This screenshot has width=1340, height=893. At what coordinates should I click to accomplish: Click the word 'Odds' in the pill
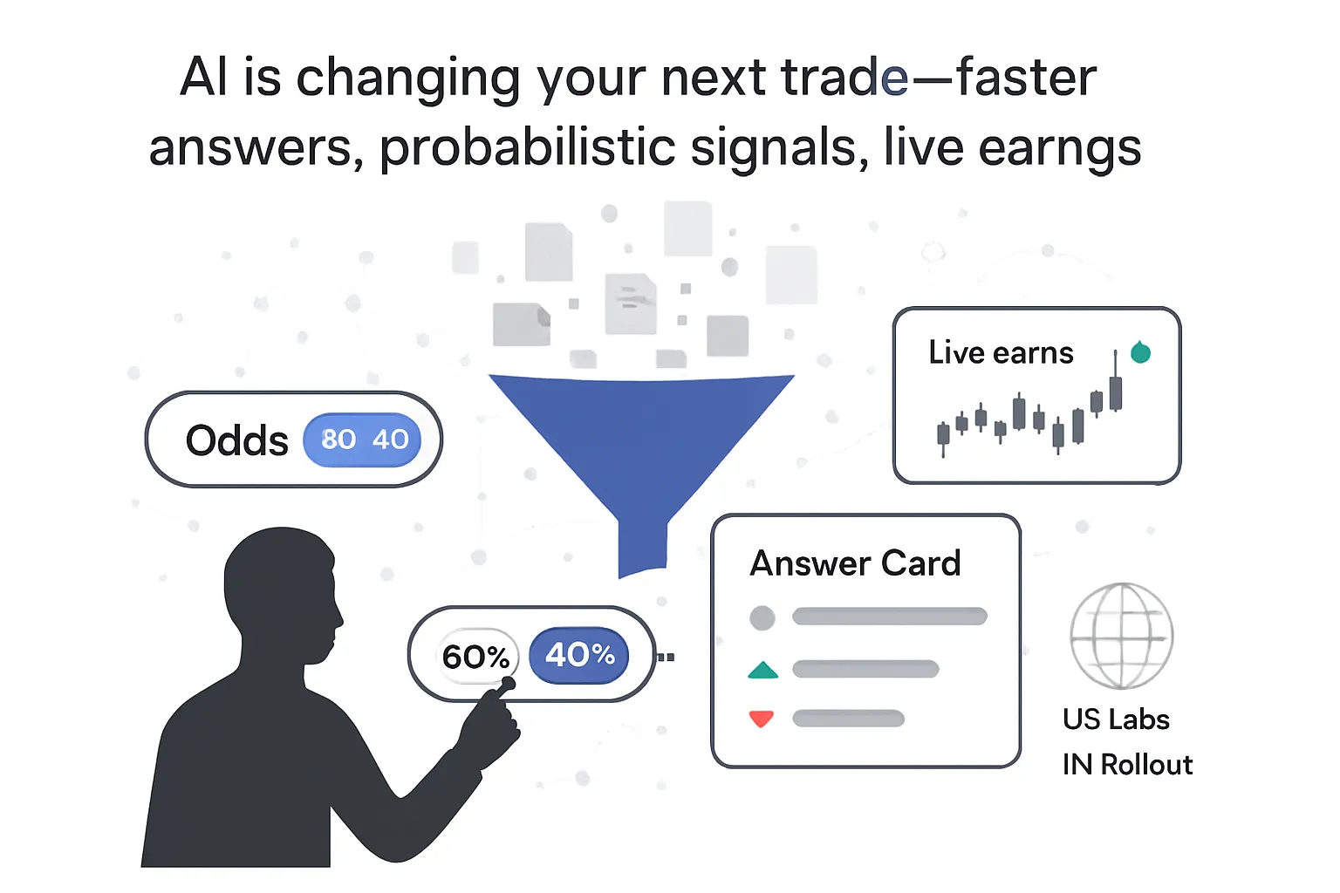236,440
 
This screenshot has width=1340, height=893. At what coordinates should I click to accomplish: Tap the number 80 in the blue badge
338,440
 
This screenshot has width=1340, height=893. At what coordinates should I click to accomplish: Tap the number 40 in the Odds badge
390,440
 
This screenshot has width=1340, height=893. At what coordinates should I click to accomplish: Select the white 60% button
475,656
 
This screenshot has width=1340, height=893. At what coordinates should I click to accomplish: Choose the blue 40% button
579,654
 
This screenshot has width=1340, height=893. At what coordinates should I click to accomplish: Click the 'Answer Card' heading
855,563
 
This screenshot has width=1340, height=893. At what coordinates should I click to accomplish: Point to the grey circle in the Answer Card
762,617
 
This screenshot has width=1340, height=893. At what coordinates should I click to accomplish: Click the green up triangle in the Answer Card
762,671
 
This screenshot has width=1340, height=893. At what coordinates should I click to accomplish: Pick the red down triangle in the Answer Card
762,719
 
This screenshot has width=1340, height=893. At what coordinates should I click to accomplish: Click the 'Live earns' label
1001,352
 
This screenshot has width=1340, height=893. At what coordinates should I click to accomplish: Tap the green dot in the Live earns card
1140,352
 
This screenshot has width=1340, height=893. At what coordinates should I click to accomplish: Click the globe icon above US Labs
1122,636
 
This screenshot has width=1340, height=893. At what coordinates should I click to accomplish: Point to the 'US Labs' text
1116,719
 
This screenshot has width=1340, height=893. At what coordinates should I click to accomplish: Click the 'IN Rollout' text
1127,765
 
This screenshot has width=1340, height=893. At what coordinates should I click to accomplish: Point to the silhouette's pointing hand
493,724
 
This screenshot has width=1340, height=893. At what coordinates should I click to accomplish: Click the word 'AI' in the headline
204,78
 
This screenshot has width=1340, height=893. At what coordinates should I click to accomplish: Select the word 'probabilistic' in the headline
527,147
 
